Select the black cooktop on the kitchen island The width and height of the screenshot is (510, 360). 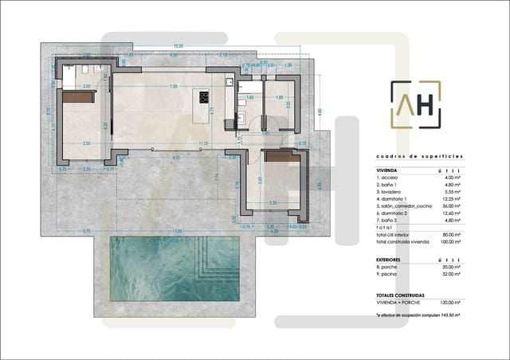(202, 99)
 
